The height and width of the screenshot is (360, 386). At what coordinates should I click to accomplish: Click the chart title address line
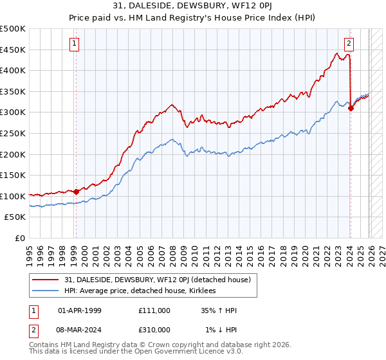(x=192, y=6)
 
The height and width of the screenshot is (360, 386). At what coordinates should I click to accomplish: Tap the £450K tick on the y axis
(x=13, y=50)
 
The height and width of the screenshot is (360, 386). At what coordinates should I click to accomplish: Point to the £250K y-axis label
(x=13, y=133)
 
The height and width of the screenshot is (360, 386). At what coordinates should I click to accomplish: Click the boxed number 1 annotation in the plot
(x=75, y=44)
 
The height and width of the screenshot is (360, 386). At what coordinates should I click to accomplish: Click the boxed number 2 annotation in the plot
(x=349, y=44)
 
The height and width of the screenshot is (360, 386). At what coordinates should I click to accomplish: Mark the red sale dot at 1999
(x=76, y=191)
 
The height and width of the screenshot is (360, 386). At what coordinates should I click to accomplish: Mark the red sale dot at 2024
(x=351, y=108)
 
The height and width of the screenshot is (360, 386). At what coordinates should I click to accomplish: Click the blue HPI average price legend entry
(x=142, y=291)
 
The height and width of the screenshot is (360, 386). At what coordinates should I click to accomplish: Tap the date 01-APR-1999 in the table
(x=80, y=310)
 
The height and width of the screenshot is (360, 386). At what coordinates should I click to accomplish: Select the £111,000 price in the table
(x=154, y=310)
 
